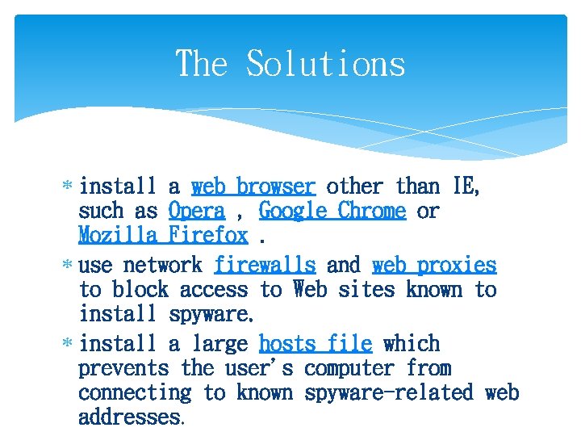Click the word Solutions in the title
coord(325,64)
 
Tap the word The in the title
coord(202,64)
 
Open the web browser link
coord(253,187)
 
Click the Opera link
coord(197,212)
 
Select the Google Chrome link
coord(332,212)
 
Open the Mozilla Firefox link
coord(163,236)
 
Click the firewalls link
coord(265,265)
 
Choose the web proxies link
coord(434,265)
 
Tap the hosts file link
coord(315,344)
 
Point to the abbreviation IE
coord(466,187)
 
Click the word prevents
coord(123,369)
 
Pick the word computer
coord(349,369)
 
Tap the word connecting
coord(135,393)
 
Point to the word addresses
coord(129,417)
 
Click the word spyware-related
coord(388,393)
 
